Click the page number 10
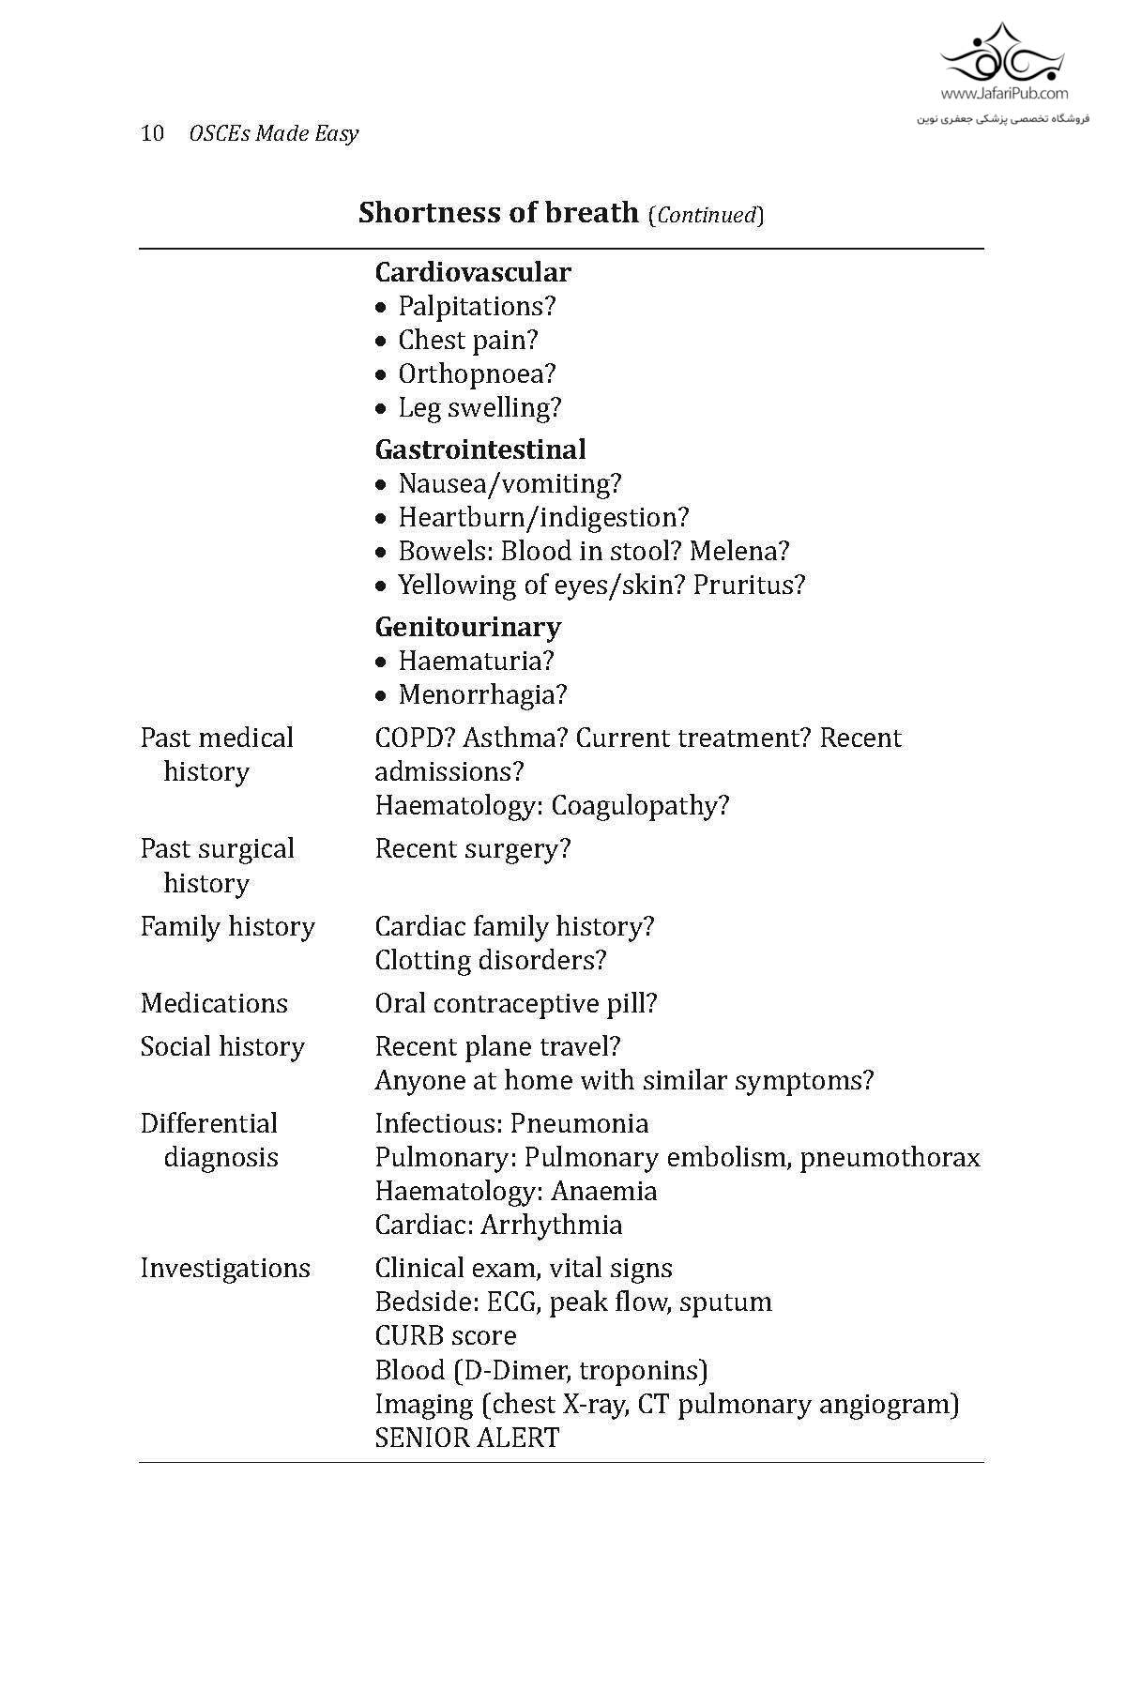point(152,133)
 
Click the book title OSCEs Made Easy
point(273,133)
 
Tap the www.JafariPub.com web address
point(1003,93)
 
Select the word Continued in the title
point(706,215)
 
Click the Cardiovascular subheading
point(472,272)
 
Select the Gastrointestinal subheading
point(479,449)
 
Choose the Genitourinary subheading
point(467,627)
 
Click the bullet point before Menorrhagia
point(381,695)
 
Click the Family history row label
point(227,926)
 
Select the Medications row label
point(214,1003)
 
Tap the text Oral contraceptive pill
point(515,1003)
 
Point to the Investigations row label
point(225,1268)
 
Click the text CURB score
point(445,1335)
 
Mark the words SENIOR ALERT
point(466,1438)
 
